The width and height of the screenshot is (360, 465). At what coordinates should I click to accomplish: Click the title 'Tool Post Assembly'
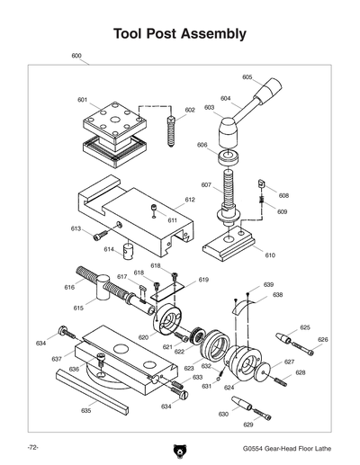180,34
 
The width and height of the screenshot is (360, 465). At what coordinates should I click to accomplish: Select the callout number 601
82,99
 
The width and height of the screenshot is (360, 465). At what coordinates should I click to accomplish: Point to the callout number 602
190,110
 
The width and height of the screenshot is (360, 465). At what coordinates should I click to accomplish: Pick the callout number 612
190,200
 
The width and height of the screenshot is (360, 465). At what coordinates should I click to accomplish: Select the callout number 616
68,287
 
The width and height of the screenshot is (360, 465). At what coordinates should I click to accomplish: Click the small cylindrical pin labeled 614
129,247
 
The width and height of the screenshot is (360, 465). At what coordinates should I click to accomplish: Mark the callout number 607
205,185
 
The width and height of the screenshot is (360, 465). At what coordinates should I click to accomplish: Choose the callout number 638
278,294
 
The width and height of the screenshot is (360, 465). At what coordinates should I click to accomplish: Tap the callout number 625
305,327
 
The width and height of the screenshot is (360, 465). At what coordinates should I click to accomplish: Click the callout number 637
57,359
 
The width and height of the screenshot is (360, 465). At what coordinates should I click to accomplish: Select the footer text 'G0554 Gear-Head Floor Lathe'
287,447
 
